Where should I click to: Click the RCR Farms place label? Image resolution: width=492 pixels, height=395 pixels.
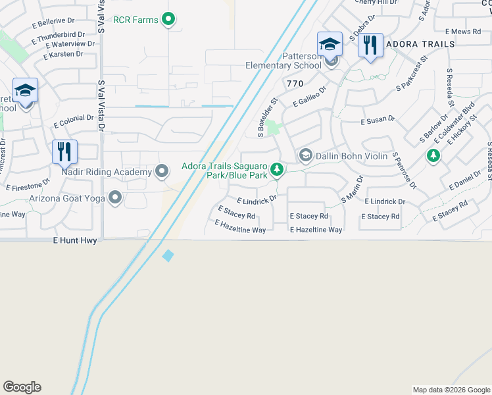[x=135, y=20]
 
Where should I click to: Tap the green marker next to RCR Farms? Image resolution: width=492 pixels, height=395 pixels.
[x=168, y=20]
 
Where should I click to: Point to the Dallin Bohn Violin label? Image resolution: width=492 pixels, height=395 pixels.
[x=351, y=156]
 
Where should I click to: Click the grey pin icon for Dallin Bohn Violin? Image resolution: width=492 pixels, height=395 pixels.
[x=305, y=156]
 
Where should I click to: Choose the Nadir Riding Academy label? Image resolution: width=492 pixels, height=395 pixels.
[x=107, y=172]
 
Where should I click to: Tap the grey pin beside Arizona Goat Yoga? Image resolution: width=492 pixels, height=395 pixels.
[x=116, y=197]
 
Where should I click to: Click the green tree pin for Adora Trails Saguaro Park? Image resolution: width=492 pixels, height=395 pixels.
[x=278, y=171]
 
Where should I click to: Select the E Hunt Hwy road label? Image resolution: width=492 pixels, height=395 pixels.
[x=76, y=241]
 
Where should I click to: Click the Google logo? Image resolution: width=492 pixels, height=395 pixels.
[x=22, y=387]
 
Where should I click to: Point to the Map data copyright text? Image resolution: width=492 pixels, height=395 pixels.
[x=451, y=390]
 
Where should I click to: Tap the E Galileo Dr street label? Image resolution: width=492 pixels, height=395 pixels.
[x=310, y=97]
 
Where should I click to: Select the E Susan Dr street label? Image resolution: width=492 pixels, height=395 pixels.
[x=378, y=120]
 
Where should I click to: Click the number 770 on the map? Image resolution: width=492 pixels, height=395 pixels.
[x=295, y=84]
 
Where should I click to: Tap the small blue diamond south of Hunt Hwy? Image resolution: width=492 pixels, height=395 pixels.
[x=168, y=256]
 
